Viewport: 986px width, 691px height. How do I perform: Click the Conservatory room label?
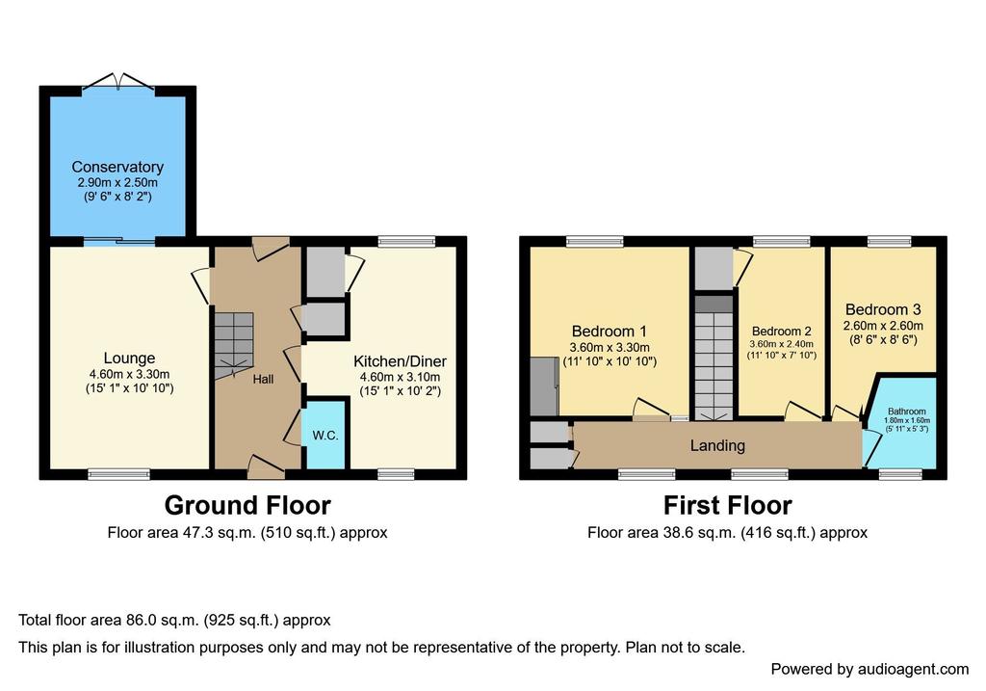click(x=117, y=167)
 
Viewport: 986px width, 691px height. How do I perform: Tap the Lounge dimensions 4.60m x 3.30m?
click(x=130, y=374)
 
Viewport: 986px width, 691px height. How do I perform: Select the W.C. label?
click(x=325, y=436)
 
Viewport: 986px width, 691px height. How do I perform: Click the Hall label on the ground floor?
click(x=264, y=379)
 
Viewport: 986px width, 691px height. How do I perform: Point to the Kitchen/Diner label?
click(x=400, y=361)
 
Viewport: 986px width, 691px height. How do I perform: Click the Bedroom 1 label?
click(x=609, y=331)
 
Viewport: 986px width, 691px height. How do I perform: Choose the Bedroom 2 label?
click(x=782, y=331)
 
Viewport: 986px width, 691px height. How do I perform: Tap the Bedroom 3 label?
click(x=883, y=309)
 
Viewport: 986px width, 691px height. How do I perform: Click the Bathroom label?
click(x=907, y=411)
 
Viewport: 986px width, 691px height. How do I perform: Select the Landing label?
click(x=717, y=445)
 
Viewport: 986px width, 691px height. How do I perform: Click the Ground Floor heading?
click(x=247, y=505)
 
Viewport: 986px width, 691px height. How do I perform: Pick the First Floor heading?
click(x=728, y=505)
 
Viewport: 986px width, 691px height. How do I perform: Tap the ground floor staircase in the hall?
click(x=234, y=345)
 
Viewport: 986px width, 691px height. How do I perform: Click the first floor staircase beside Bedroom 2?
click(x=714, y=358)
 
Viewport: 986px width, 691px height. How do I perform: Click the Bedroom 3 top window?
click(x=889, y=241)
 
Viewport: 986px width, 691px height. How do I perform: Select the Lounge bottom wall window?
click(x=118, y=474)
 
